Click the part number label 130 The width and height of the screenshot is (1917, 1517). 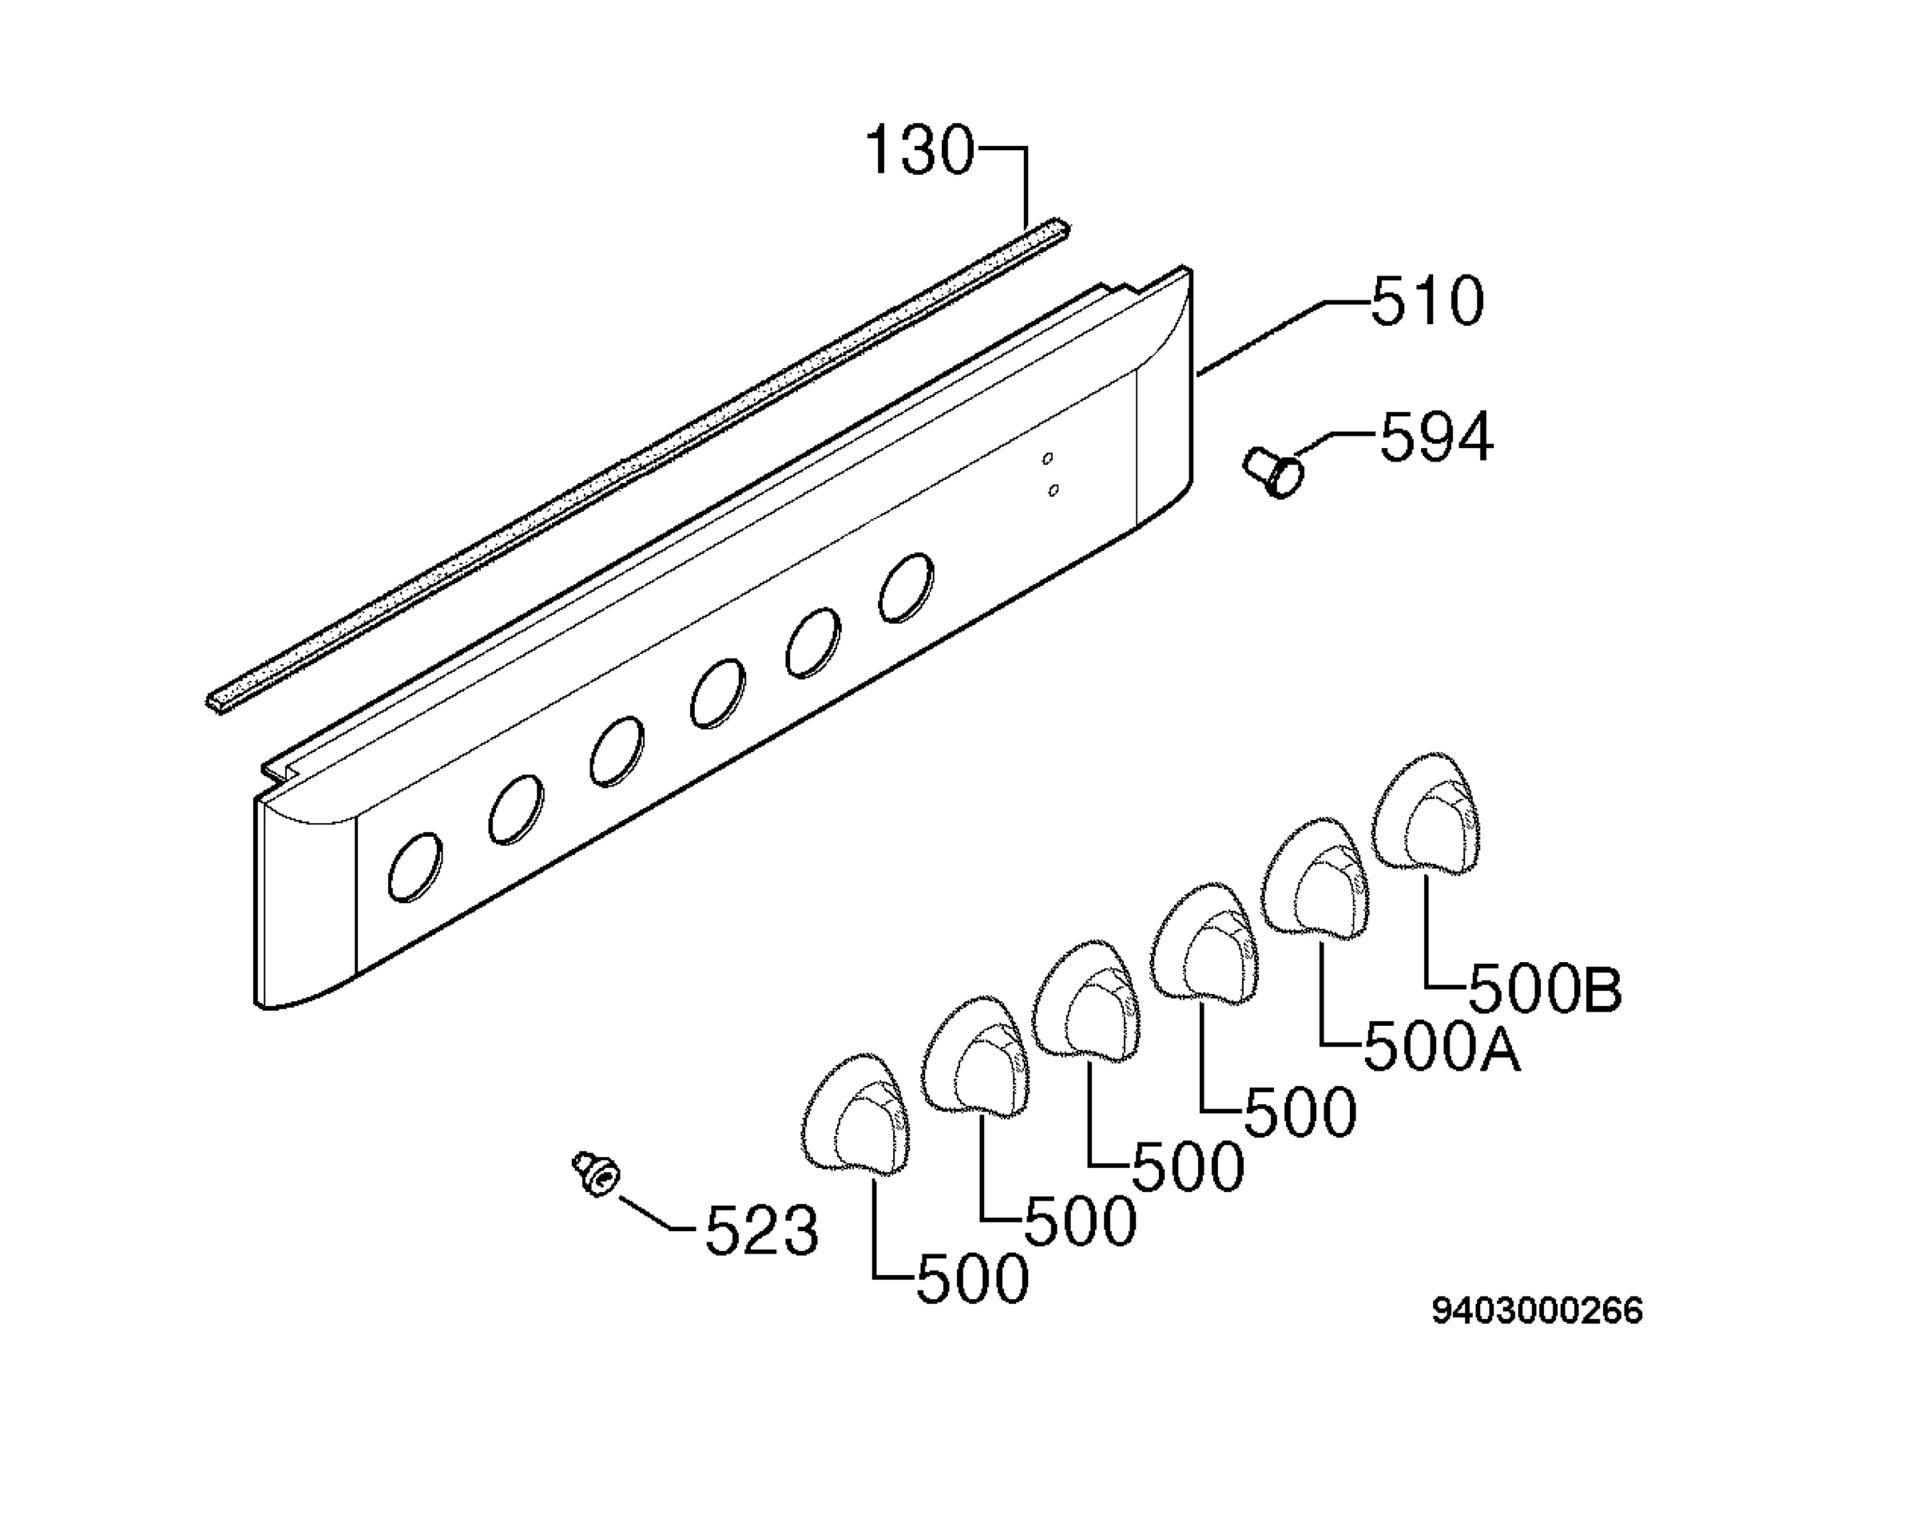[919, 150]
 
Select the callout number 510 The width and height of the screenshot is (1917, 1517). [1427, 301]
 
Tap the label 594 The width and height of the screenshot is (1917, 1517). [1435, 437]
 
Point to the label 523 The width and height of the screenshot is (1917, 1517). [761, 1230]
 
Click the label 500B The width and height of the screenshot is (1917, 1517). [1545, 989]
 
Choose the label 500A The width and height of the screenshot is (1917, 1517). [1441, 1048]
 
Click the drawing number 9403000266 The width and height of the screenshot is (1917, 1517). [1537, 1311]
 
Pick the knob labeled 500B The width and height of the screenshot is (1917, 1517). [1427, 811]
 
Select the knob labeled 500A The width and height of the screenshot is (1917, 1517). [1316, 877]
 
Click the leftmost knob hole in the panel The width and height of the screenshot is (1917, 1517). [415, 866]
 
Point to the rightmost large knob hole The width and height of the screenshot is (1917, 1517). [906, 587]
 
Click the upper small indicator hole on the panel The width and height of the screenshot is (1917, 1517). [1047, 458]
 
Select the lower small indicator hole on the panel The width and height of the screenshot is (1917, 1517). [1053, 489]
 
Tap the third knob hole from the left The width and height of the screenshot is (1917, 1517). [617, 751]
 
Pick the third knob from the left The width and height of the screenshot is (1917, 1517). [1086, 997]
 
